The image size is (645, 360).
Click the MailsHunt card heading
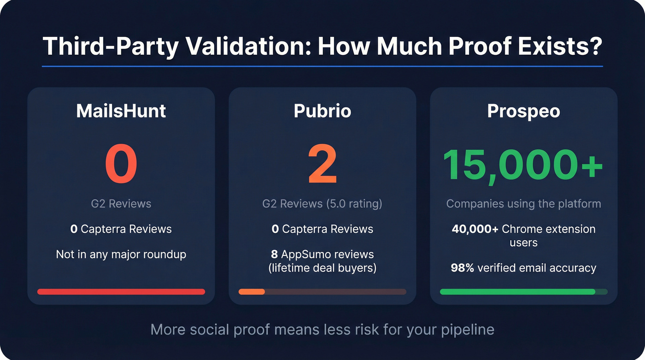[121, 111]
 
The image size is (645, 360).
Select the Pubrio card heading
[322, 111]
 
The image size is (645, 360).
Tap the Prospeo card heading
[523, 111]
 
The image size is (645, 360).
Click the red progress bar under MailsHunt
[121, 292]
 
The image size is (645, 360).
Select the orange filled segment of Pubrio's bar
[252, 292]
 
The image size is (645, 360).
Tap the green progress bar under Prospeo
[517, 292]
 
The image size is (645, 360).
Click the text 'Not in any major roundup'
[121, 254]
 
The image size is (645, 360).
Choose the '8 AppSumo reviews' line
[322, 254]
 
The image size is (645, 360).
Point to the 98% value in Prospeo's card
[463, 268]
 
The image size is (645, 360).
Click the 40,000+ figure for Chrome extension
[475, 229]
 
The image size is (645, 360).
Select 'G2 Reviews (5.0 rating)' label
[322, 203]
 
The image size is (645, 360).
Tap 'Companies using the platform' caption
[523, 203]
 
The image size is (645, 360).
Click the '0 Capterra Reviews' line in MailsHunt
[121, 229]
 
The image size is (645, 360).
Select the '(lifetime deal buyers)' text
[322, 267]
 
